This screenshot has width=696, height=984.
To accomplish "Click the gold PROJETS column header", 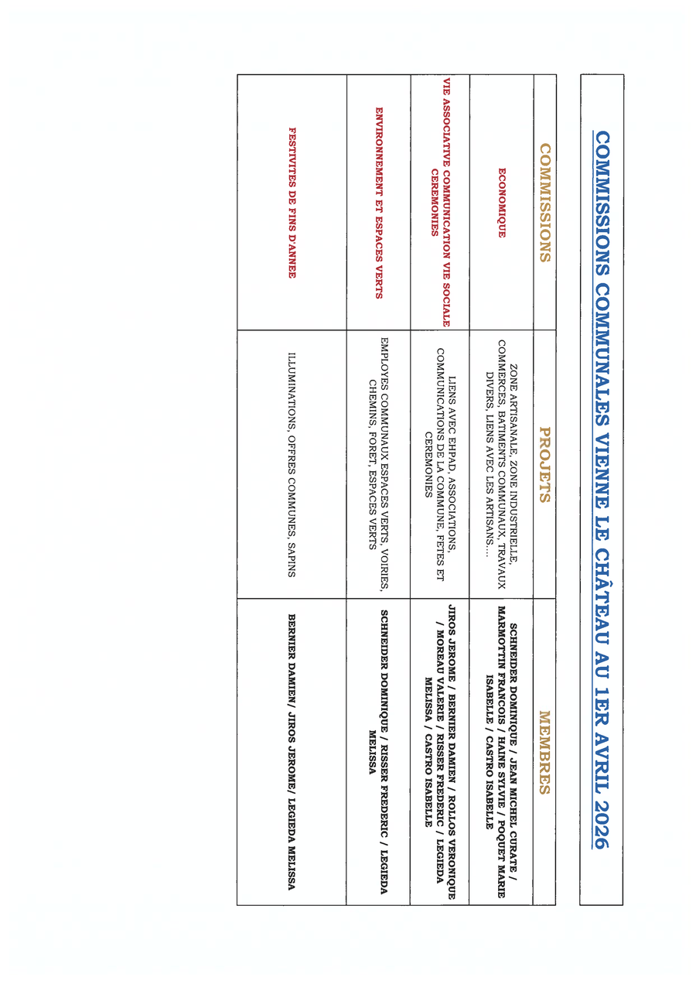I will pos(544,464).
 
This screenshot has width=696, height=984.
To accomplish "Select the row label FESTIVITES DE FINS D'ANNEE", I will pos(292,203).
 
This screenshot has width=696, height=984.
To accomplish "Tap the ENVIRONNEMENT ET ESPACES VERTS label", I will pos(378,203).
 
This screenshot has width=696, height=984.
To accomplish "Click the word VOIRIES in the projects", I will pos(384,557).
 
